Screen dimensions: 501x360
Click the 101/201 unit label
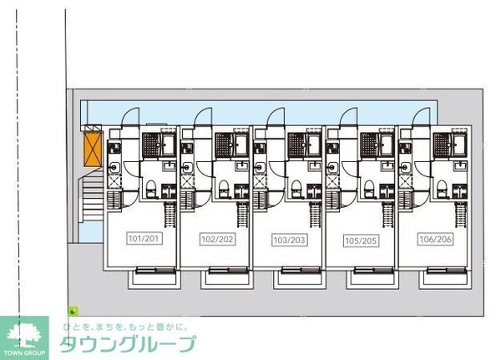pyautogui.click(x=144, y=238)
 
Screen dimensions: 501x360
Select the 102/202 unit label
pyautogui.click(x=217, y=239)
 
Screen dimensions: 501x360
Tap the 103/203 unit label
pyautogui.click(x=290, y=240)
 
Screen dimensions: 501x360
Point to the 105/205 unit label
pyautogui.click(x=362, y=241)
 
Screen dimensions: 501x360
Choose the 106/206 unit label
pyautogui.click(x=436, y=239)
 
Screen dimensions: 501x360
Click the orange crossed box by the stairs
pyautogui.click(x=93, y=149)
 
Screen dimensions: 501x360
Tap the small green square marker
pyautogui.click(x=73, y=311)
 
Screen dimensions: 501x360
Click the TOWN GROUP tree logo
pyautogui.click(x=24, y=338)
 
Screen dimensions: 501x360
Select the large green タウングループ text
pyautogui.click(x=128, y=344)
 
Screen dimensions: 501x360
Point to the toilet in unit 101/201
pyautogui.click(x=150, y=190)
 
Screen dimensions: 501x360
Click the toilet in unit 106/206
pyautogui.click(x=442, y=190)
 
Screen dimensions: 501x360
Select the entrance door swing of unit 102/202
pyautogui.click(x=203, y=116)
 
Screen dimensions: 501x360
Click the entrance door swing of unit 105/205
pyautogui.click(x=348, y=116)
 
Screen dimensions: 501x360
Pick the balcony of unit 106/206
pyautogui.click(x=445, y=279)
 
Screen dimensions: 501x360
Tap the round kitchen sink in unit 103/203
pyautogui.click(x=260, y=167)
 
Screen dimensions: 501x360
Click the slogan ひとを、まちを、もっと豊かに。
pyautogui.click(x=125, y=327)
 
